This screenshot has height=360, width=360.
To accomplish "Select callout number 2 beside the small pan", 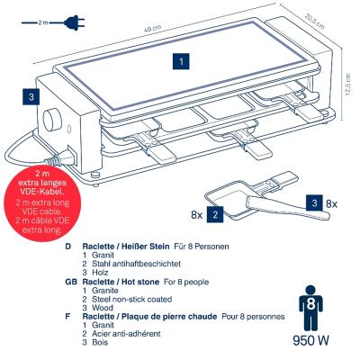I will (215, 214).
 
